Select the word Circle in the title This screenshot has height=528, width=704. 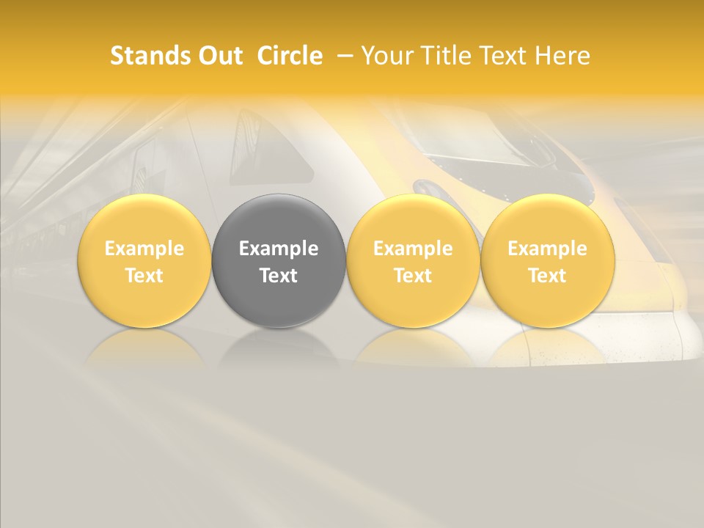click(290, 56)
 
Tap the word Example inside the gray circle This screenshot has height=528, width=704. click(279, 249)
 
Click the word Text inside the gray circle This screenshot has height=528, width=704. click(279, 276)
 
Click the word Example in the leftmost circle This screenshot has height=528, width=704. click(144, 249)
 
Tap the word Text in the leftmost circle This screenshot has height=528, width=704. click(144, 276)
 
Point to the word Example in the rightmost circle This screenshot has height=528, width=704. click(547, 249)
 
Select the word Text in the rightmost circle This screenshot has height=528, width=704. click(547, 276)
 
